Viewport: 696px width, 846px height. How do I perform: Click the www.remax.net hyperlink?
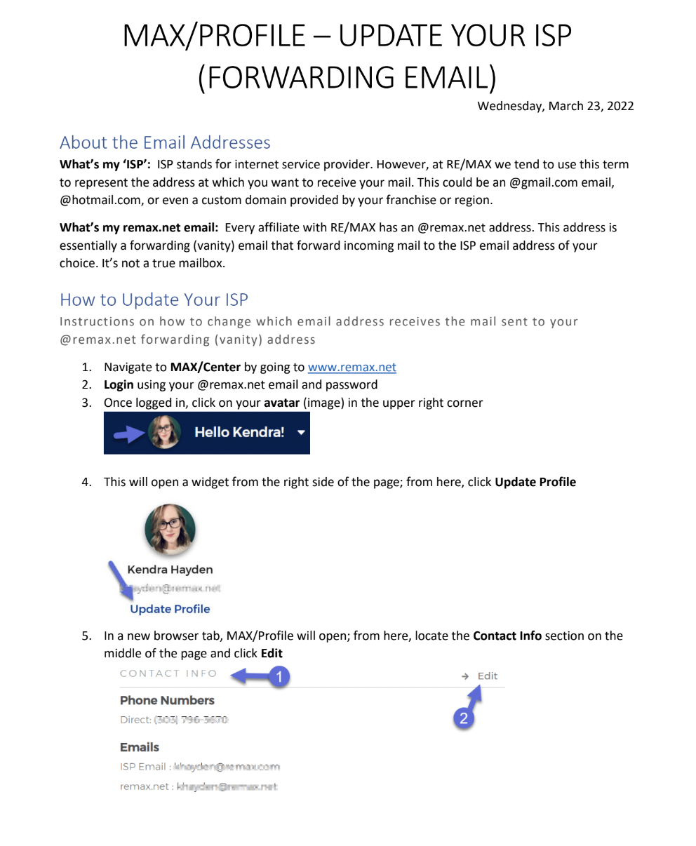tap(352, 367)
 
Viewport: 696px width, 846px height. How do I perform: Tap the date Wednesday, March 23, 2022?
tap(555, 107)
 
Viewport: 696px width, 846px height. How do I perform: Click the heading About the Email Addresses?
tap(165, 142)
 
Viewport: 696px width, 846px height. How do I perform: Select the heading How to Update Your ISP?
tap(154, 300)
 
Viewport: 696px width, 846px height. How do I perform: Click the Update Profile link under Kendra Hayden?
tap(170, 609)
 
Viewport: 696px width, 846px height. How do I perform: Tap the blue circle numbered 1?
tap(279, 676)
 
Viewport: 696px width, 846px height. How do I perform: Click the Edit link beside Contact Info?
tap(487, 676)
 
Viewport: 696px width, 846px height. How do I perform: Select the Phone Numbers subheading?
tap(167, 700)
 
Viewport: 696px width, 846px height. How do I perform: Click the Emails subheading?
tap(140, 747)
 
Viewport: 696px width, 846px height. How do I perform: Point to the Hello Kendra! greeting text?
tap(239, 432)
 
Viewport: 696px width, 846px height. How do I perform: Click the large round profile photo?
tap(170, 530)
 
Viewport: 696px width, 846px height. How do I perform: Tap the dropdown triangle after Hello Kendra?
tap(301, 433)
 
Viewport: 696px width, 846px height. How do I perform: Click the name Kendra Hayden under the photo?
tap(170, 570)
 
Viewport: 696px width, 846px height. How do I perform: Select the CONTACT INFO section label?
tap(168, 673)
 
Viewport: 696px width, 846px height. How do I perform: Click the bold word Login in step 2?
tap(119, 384)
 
